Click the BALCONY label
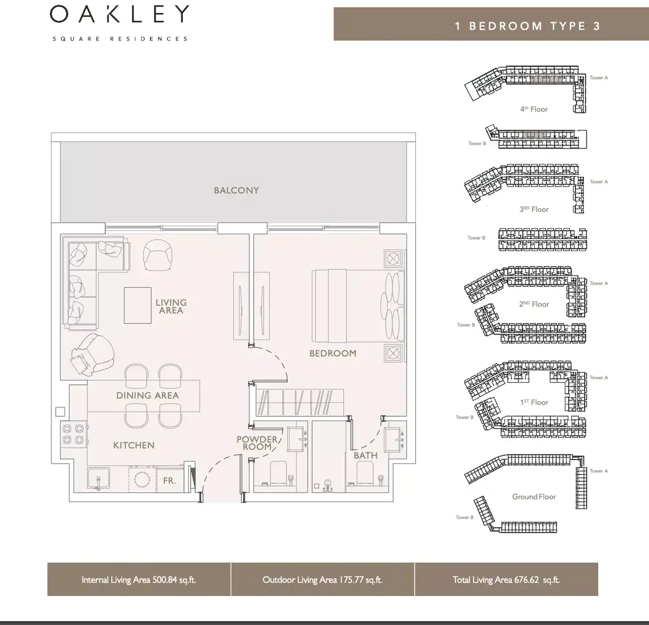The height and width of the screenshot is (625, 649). (236, 190)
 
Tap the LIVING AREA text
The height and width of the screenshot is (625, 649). (171, 306)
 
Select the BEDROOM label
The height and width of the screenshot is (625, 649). (333, 353)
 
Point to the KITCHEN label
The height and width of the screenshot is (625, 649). (134, 445)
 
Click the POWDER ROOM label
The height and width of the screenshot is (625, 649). (257, 443)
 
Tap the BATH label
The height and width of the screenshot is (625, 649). (366, 456)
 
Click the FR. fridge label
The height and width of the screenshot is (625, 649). (169, 481)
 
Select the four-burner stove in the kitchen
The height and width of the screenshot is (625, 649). (74, 434)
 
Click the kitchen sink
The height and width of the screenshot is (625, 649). (98, 479)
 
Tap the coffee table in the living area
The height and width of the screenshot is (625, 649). (137, 305)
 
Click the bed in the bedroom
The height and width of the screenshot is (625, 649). (358, 306)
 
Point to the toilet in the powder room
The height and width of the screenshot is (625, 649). (278, 473)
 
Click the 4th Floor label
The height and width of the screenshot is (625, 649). (534, 109)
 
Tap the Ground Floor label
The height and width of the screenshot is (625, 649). (534, 497)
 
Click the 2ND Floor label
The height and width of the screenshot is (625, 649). (534, 304)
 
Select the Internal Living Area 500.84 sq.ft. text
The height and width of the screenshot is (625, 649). (139, 580)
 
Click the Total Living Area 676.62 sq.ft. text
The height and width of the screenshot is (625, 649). (506, 580)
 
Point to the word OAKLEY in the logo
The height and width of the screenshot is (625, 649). (120, 14)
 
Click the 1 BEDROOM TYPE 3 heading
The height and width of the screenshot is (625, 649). (528, 26)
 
